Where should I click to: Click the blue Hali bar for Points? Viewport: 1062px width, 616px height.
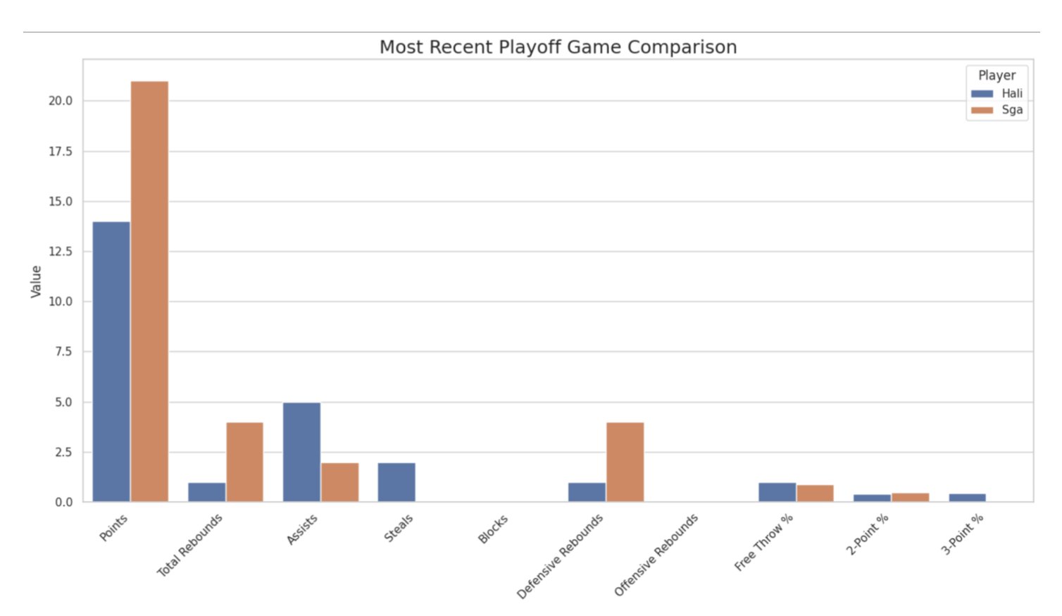pos(111,362)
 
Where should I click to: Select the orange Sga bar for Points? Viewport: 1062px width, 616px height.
pos(149,291)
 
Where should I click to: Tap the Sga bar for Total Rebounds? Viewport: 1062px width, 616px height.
pos(244,462)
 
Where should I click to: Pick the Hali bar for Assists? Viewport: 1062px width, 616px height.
pos(301,452)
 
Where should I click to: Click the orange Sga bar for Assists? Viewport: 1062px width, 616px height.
pos(339,482)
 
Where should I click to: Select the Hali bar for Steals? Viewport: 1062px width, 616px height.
pos(396,482)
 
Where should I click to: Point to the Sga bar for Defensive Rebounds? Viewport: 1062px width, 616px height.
pos(625,462)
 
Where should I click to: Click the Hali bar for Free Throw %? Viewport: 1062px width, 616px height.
pos(777,492)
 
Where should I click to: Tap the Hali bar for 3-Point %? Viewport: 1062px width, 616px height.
pos(967,498)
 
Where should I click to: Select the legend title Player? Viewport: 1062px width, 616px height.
pos(997,75)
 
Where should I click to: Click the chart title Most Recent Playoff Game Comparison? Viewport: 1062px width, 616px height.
pos(558,47)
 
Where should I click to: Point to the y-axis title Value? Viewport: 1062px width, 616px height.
pos(36,281)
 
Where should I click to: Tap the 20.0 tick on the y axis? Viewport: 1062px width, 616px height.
pos(60,101)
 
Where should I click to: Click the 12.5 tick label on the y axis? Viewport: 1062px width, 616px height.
pos(60,252)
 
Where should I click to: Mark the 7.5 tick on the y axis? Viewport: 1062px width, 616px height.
pos(63,352)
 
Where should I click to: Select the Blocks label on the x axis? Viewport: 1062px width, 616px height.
pos(493,529)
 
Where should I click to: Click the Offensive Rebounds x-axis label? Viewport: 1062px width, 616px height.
pos(656,555)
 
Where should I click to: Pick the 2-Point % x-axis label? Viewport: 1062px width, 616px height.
pos(867,534)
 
